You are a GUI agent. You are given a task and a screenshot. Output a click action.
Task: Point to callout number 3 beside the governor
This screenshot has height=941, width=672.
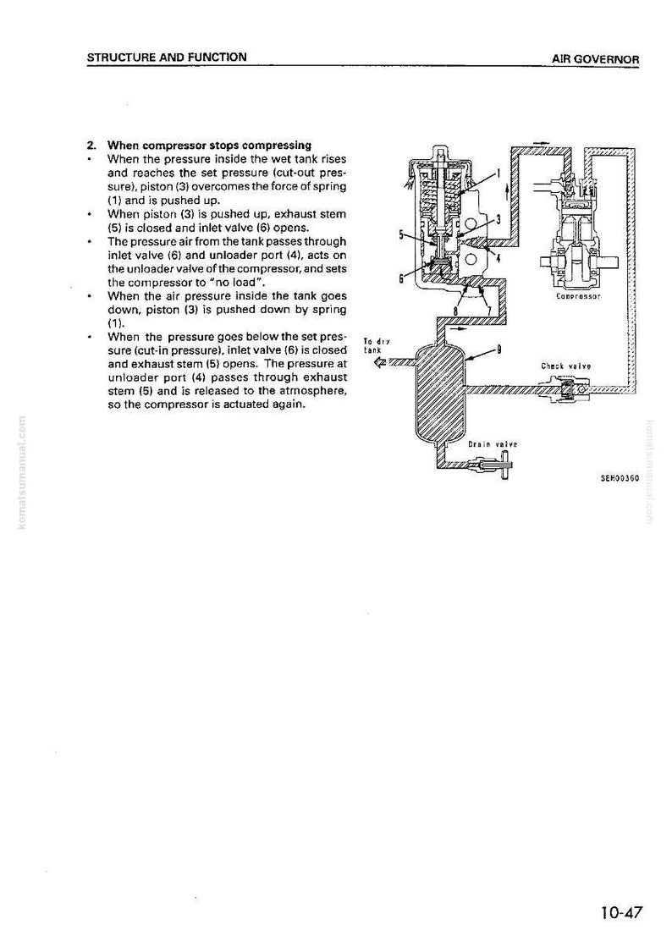click(498, 218)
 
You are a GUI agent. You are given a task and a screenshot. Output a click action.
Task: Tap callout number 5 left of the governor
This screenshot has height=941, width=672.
click(401, 234)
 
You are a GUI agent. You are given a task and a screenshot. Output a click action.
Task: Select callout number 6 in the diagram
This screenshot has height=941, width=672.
click(401, 278)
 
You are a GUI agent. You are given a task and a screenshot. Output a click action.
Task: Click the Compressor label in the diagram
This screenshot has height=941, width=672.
click(578, 296)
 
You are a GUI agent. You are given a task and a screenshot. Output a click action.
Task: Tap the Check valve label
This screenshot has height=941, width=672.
click(566, 366)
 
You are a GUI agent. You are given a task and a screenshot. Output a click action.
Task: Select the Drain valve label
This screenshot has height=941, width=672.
click(493, 444)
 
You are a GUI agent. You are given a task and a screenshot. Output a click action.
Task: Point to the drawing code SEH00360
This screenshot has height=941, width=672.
click(620, 478)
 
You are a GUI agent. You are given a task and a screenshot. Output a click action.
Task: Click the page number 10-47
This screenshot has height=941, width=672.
click(621, 912)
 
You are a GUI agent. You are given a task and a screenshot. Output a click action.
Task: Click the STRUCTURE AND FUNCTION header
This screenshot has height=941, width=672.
click(167, 58)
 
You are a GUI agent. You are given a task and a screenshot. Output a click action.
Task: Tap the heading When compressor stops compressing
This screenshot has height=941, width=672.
click(209, 146)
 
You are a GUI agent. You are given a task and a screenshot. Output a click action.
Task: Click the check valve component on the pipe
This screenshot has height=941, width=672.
click(567, 390)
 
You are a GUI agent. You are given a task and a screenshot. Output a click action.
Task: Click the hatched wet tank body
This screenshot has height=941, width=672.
click(440, 392)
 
